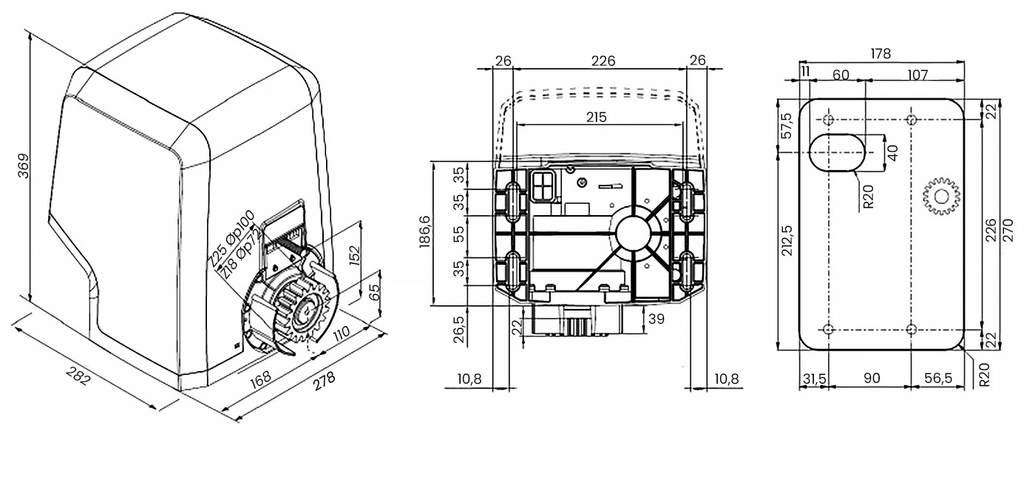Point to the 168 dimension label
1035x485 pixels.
pyautogui.click(x=261, y=375)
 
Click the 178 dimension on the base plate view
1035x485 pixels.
pyautogui.click(x=880, y=54)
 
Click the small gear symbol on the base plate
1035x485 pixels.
pyautogui.click(x=941, y=196)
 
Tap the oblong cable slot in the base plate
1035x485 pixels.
pyautogui.click(x=836, y=152)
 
